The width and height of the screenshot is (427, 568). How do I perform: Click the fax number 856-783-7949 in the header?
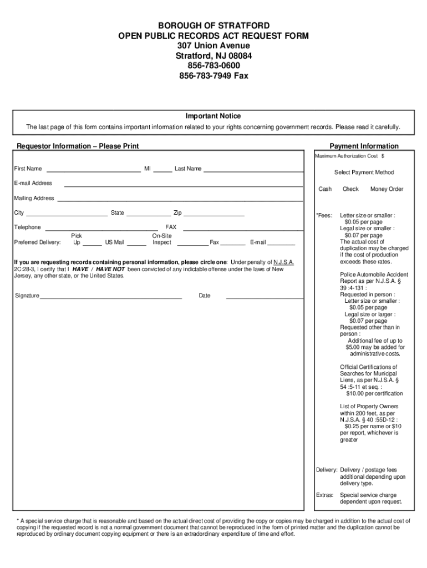[213, 75]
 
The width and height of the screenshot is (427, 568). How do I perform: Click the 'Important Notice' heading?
[213, 116]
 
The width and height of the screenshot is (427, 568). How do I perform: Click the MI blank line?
[162, 170]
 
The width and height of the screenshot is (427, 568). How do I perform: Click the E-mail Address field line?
[184, 185]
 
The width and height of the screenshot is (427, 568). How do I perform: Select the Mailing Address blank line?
[180, 200]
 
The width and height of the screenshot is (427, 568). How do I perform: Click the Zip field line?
[214, 214]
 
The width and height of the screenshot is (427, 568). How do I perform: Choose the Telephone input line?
[101, 229]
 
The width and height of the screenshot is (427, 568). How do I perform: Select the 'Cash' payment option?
[325, 189]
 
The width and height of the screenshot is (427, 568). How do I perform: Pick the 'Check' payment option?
[350, 189]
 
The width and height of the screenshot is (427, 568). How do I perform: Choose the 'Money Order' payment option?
[387, 189]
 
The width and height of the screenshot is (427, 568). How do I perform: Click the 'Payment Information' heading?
[364, 146]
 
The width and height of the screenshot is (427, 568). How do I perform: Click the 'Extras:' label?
[325, 495]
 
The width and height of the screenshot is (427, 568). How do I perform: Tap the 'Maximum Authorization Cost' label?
[347, 156]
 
